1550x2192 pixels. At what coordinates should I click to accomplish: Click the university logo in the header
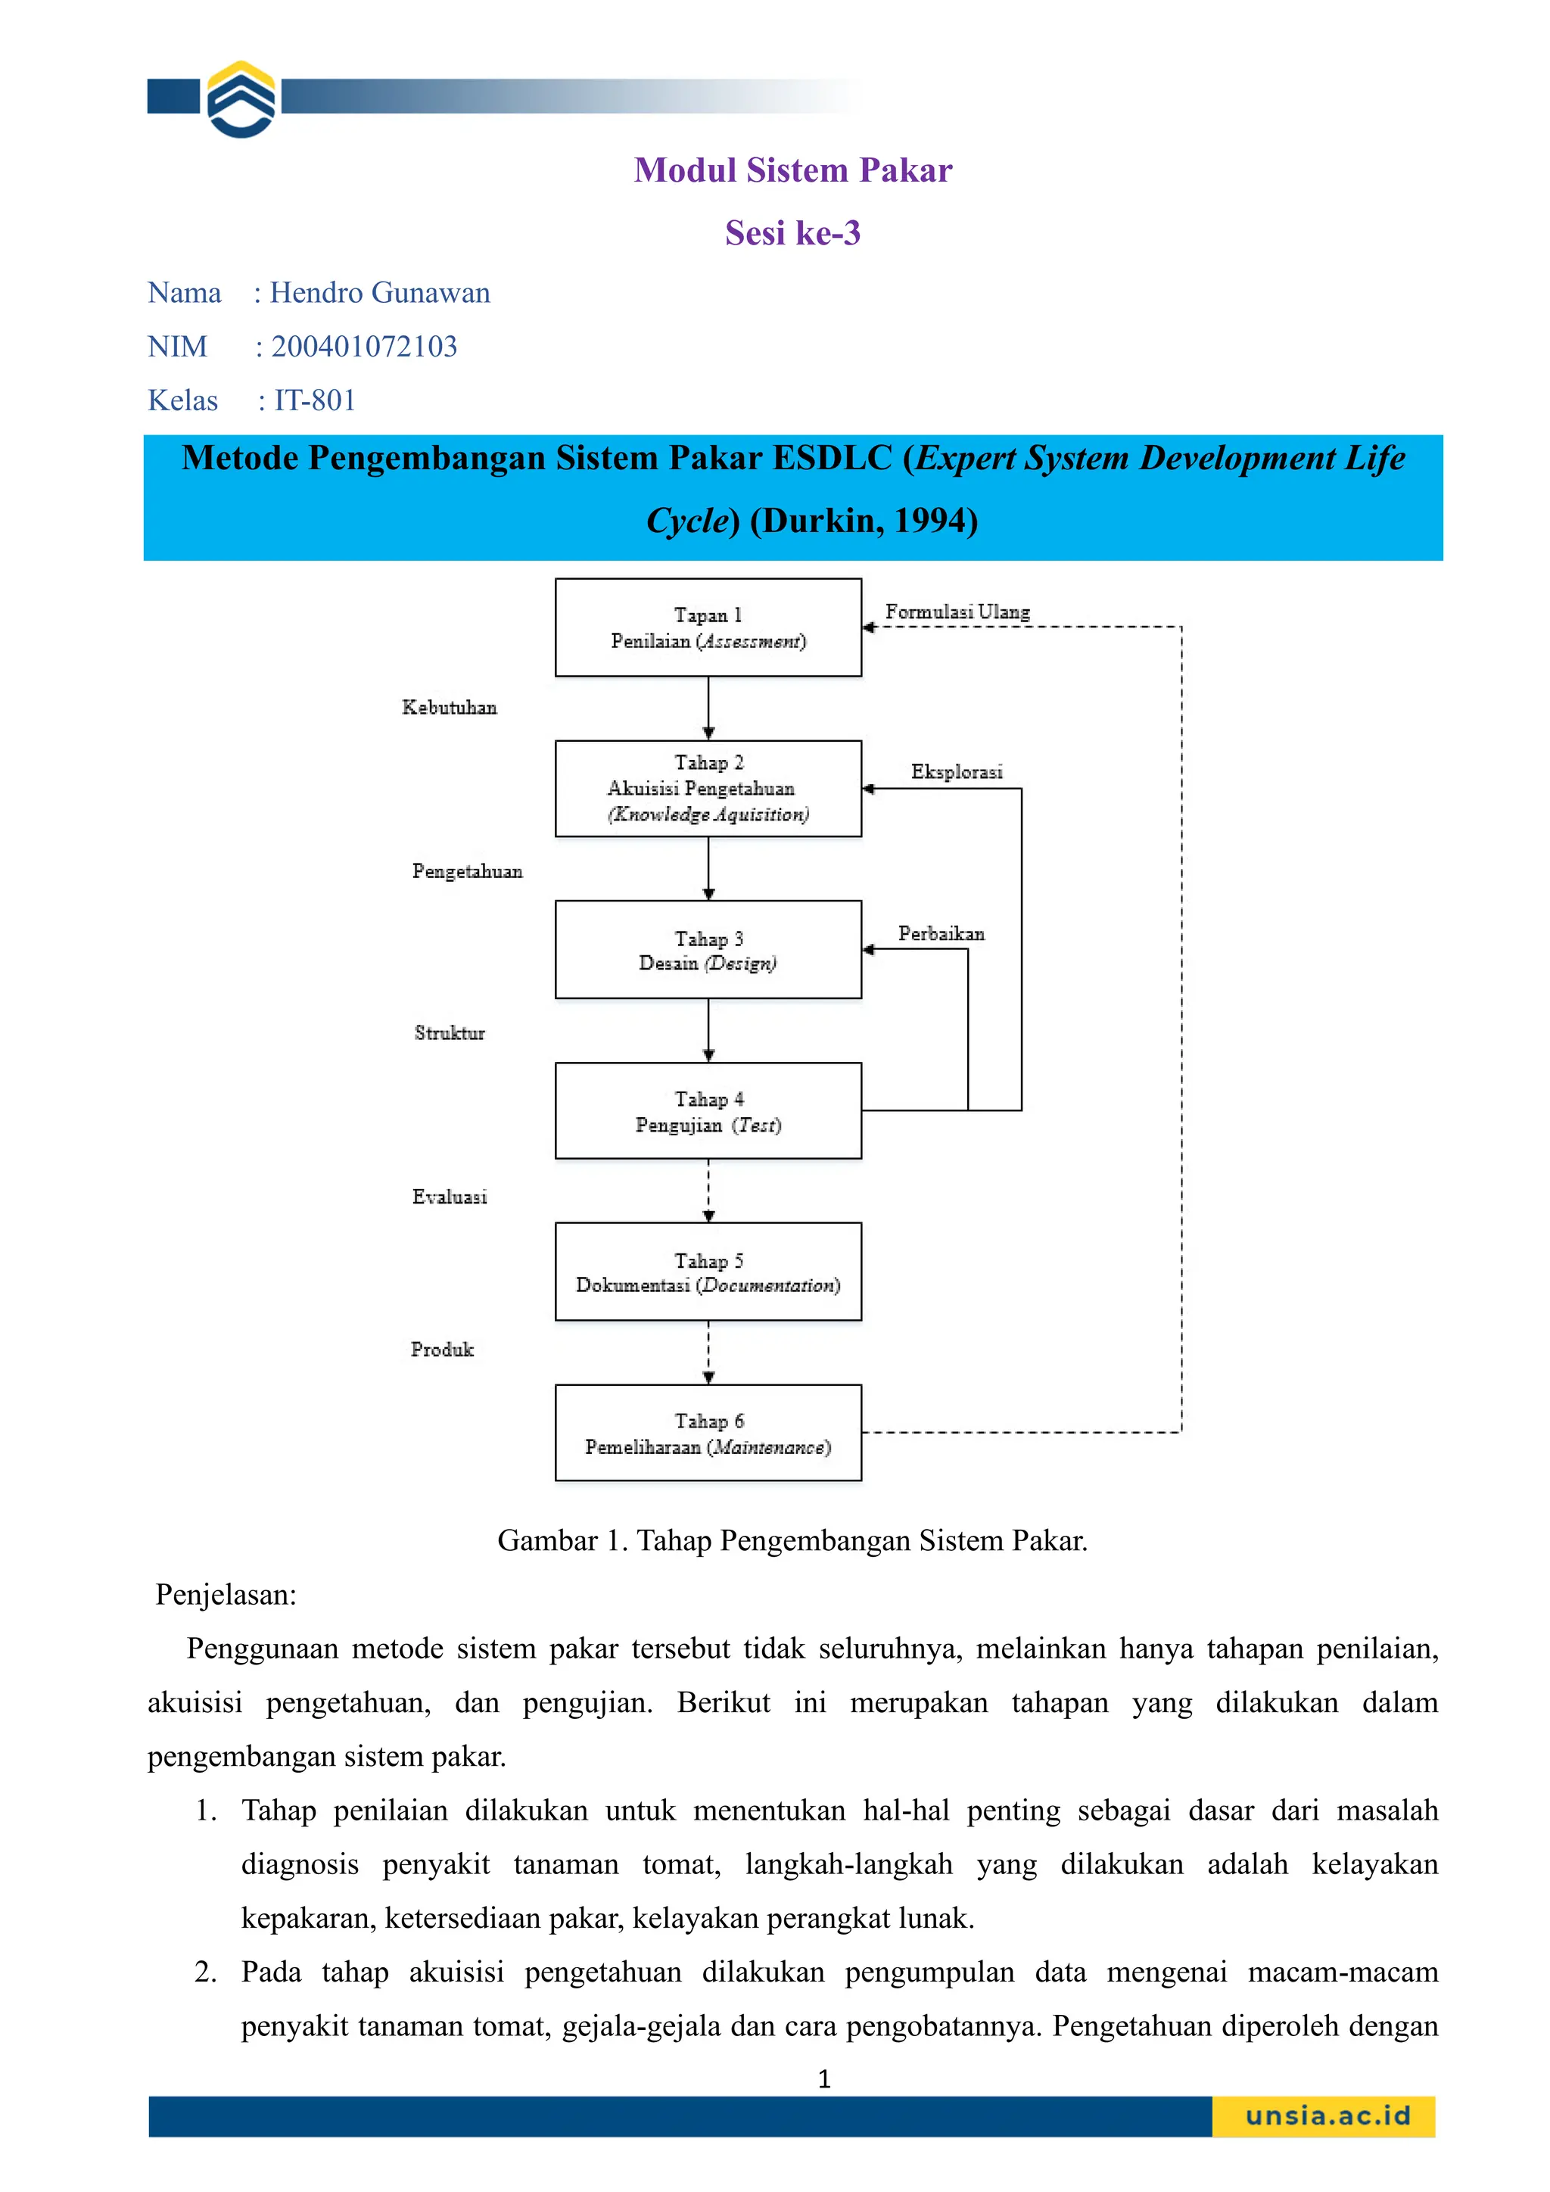click(241, 98)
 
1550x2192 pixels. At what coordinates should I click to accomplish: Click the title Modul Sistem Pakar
click(792, 170)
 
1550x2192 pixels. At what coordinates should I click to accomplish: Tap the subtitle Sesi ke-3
click(792, 233)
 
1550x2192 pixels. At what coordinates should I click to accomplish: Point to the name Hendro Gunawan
click(379, 293)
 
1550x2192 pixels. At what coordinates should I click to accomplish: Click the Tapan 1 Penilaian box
click(708, 627)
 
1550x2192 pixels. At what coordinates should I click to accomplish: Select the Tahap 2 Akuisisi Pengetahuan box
click(708, 789)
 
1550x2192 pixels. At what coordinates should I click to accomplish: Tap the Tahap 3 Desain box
click(708, 950)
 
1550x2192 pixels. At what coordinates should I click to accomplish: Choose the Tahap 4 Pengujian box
click(708, 1111)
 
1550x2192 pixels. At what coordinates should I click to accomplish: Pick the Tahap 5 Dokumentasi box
click(708, 1272)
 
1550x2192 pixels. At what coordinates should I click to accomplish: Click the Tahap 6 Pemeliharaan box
click(708, 1433)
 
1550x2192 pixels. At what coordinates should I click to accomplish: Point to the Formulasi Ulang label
click(957, 612)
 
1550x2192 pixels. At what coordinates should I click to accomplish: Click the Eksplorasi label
click(957, 771)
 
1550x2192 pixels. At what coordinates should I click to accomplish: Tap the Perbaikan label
click(941, 934)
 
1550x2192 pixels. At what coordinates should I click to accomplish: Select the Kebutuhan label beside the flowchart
click(450, 708)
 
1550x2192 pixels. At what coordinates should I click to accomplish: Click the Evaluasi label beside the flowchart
click(450, 1197)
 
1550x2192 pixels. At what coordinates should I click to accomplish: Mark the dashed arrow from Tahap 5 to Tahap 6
click(708, 1352)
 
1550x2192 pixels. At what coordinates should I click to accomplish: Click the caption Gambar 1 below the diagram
click(792, 1541)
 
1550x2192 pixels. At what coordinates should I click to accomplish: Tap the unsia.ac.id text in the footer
click(1327, 2116)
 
